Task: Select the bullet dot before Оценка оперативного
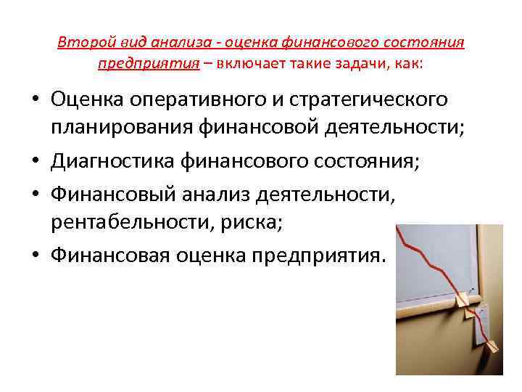(x=36, y=99)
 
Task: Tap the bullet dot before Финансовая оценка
(x=36, y=256)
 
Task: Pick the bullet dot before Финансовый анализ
(x=36, y=194)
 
